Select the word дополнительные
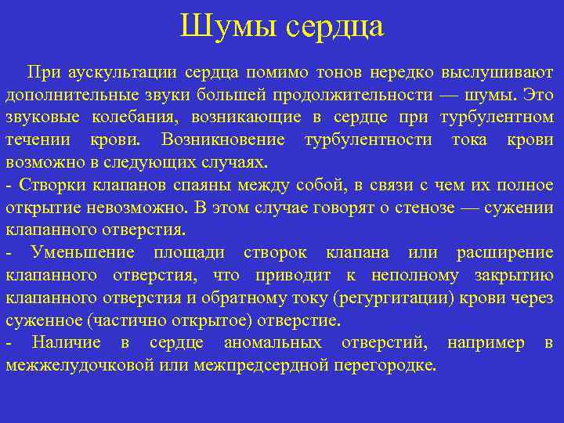tap(63, 96)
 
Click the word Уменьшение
tap(82, 253)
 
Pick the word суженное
tap(43, 321)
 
